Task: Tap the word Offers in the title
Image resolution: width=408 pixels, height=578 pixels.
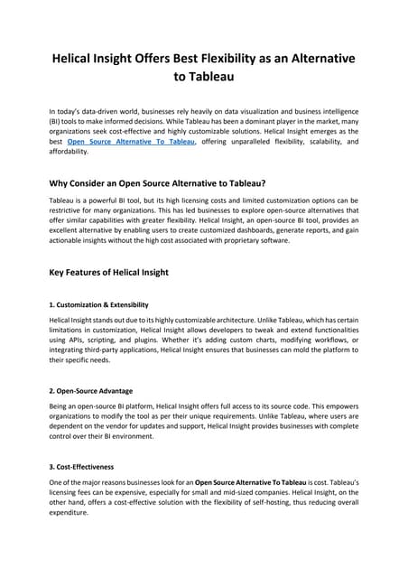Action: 161,58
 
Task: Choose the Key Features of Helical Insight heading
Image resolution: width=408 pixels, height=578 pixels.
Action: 122,273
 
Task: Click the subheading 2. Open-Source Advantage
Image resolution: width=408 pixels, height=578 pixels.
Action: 90,391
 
